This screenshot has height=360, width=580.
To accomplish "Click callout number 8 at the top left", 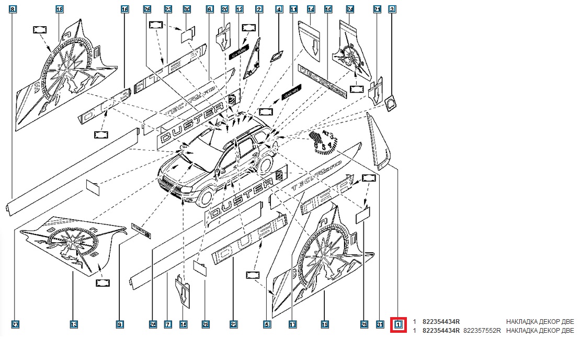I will [13, 9].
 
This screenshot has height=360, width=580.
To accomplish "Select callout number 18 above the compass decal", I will [59, 9].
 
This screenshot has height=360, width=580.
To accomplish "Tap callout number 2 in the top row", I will [259, 9].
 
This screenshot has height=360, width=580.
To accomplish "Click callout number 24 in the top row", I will [350, 9].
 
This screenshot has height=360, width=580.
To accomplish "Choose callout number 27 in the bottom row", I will [15, 325].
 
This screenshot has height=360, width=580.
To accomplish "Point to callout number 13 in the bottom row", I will [74, 325].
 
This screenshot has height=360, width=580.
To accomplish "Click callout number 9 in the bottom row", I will [120, 325].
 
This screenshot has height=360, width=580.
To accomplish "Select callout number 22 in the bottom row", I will [233, 325].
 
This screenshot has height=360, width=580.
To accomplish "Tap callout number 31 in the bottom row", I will [380, 325].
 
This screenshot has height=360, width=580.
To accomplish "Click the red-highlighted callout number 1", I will [399, 325].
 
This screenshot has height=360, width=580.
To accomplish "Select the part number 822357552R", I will [482, 331].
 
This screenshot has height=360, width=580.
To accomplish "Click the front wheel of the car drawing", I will [206, 195].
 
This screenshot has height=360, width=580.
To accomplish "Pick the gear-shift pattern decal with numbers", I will [322, 142].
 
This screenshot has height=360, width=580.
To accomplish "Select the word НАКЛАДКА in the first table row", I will [523, 321].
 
